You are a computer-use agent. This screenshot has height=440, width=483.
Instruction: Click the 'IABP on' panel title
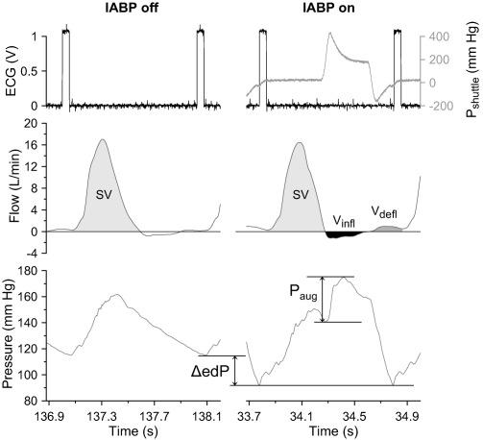pos(329,9)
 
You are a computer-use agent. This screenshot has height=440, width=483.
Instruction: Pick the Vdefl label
pos(387,211)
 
